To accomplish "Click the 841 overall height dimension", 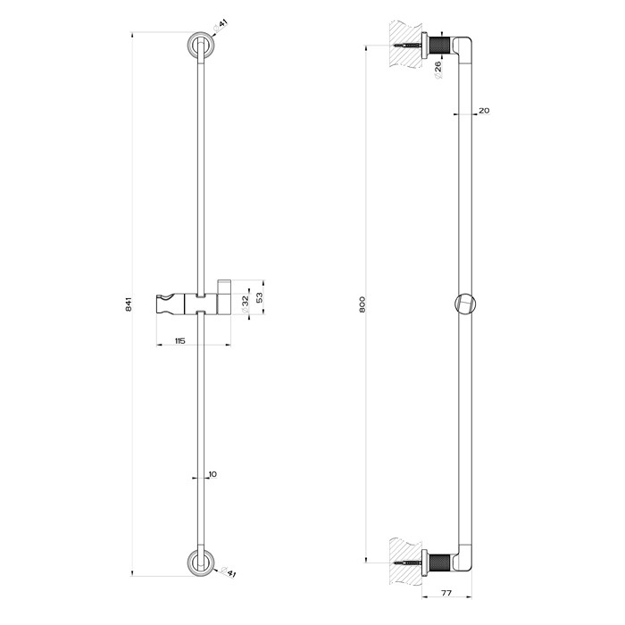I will click(x=129, y=304).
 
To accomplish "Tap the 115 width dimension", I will click(x=179, y=342).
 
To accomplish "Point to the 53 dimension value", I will click(x=260, y=296).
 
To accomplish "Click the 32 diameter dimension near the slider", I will click(x=245, y=301).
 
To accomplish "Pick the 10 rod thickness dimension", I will click(x=211, y=474).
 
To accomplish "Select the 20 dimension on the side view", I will click(x=484, y=111).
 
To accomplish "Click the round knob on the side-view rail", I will click(x=463, y=304).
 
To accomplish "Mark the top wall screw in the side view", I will click(x=406, y=44).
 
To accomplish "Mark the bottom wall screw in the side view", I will click(x=406, y=562).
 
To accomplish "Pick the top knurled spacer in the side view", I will click(x=438, y=44).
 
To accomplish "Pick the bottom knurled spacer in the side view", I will click(x=438, y=562).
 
